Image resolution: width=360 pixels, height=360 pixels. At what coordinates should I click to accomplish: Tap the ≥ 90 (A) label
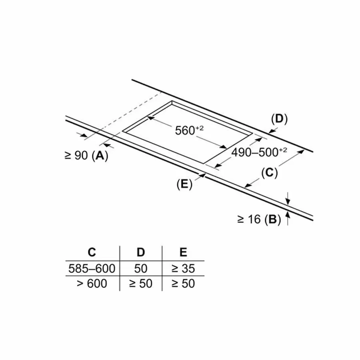[86, 156]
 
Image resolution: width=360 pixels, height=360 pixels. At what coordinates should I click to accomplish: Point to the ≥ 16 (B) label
[259, 219]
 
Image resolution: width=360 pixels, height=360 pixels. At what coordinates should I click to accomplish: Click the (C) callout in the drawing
[269, 173]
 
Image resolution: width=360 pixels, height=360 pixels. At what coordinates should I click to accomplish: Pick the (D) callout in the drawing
[279, 118]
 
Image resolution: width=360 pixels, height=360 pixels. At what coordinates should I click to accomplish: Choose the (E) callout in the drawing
[184, 184]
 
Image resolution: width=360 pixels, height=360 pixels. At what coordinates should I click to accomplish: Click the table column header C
[92, 252]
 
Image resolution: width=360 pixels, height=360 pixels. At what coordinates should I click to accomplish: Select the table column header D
[141, 252]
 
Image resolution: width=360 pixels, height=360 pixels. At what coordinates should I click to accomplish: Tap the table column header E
[183, 252]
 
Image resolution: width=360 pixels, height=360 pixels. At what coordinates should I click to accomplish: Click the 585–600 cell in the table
[92, 268]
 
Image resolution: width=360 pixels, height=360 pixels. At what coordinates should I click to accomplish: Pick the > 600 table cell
[92, 283]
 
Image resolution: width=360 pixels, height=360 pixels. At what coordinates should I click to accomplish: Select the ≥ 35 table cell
[183, 268]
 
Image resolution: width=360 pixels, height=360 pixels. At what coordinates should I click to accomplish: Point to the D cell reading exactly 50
[141, 268]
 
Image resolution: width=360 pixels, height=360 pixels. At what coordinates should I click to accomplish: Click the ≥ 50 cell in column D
[141, 283]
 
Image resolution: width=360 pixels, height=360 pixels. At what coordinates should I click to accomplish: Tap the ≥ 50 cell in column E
[183, 283]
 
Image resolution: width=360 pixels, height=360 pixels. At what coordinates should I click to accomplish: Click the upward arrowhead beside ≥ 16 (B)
[288, 215]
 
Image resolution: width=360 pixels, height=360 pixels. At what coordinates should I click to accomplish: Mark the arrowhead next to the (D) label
[270, 132]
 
